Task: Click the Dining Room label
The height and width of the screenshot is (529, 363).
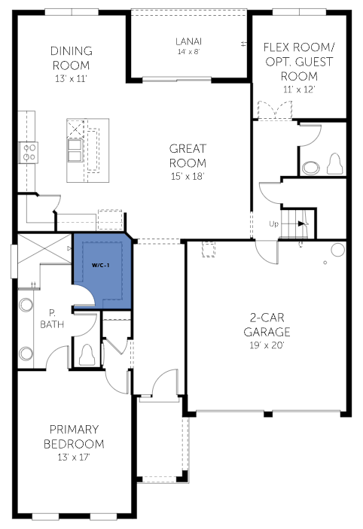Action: click(x=72, y=58)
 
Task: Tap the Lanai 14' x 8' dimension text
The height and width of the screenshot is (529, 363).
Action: click(x=189, y=52)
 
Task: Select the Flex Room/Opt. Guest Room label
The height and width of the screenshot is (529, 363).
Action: click(x=299, y=62)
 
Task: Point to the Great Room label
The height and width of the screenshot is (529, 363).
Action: click(x=188, y=156)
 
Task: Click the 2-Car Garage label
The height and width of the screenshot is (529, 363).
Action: click(x=267, y=324)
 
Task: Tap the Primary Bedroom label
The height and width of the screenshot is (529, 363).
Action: click(x=74, y=436)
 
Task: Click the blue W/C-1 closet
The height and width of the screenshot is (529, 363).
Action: click(x=102, y=271)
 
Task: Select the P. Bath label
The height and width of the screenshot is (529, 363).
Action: click(x=52, y=318)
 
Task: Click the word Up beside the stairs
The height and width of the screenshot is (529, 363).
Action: click(x=273, y=223)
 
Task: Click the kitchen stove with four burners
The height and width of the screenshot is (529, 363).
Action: click(x=29, y=153)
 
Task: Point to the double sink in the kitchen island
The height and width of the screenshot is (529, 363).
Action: click(x=75, y=150)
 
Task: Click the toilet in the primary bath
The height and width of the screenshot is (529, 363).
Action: click(x=87, y=354)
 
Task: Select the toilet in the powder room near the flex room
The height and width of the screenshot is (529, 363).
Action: click(x=335, y=164)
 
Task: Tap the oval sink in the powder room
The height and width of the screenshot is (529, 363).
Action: click(x=311, y=168)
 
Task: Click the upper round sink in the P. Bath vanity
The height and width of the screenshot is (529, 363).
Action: click(x=26, y=305)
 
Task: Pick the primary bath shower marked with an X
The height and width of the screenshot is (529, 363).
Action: click(x=44, y=249)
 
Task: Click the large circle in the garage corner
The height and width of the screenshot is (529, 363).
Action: click(x=337, y=250)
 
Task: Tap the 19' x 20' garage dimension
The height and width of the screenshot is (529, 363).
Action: click(x=267, y=345)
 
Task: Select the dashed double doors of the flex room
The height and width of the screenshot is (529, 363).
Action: click(x=275, y=109)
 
